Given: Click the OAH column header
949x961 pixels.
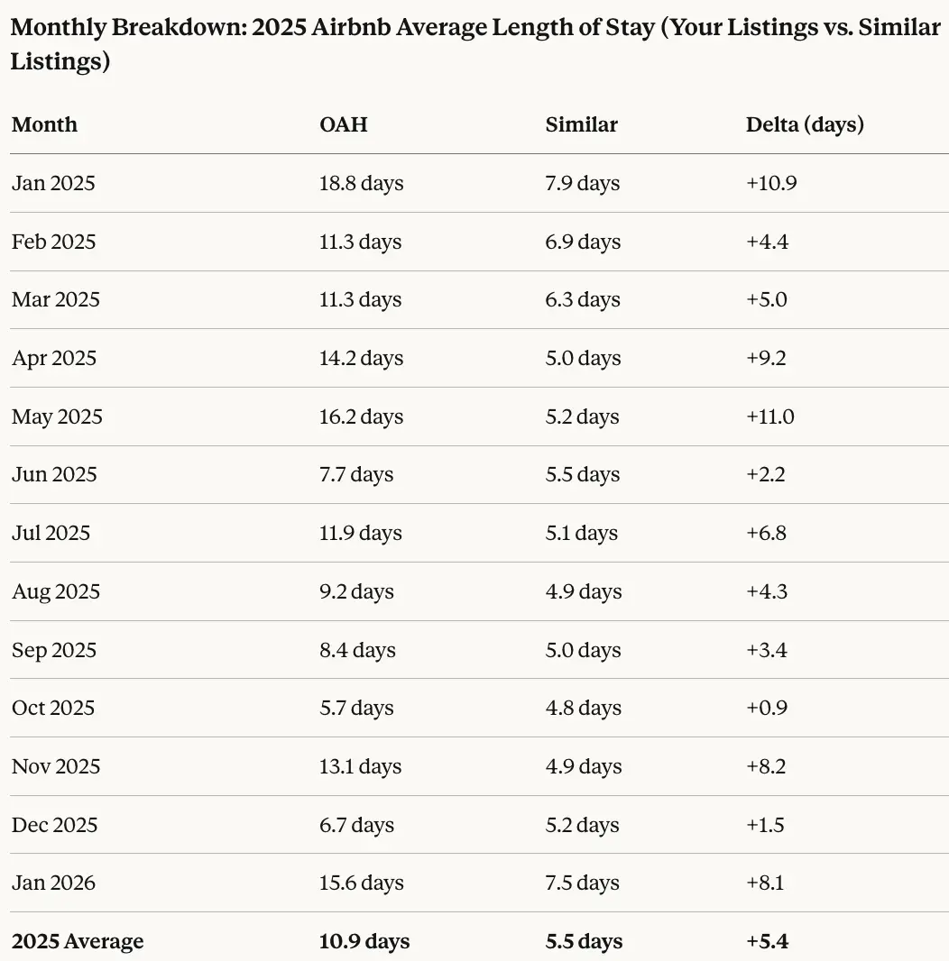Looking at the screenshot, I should click(343, 124).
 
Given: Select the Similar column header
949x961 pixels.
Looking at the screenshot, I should click(581, 124).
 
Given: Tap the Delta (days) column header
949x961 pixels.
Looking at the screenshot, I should click(804, 124).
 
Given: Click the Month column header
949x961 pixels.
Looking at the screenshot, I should click(44, 124).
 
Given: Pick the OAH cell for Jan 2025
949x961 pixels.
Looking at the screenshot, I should click(361, 183).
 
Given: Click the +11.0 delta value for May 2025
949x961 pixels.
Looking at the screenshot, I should click(769, 416).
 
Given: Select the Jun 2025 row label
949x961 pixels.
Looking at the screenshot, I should click(54, 474).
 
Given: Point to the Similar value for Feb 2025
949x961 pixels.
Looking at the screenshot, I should click(583, 242).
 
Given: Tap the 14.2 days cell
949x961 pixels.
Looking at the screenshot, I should click(361, 358).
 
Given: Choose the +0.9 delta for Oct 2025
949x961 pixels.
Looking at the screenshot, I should click(766, 708).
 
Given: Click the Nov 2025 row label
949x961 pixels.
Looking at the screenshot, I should click(56, 766).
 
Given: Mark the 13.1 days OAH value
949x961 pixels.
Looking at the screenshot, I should click(360, 766).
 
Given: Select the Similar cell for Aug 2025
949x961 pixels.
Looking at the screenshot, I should click(583, 591).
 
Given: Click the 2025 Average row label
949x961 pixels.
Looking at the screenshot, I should click(78, 941).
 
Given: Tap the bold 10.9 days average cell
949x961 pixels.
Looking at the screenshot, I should click(364, 941).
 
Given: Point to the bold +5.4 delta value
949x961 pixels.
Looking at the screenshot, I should click(767, 941).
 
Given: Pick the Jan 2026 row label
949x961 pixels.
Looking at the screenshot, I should click(53, 883).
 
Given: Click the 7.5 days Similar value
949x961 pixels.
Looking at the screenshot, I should click(583, 883).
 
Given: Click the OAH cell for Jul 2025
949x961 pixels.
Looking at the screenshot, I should click(360, 533).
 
